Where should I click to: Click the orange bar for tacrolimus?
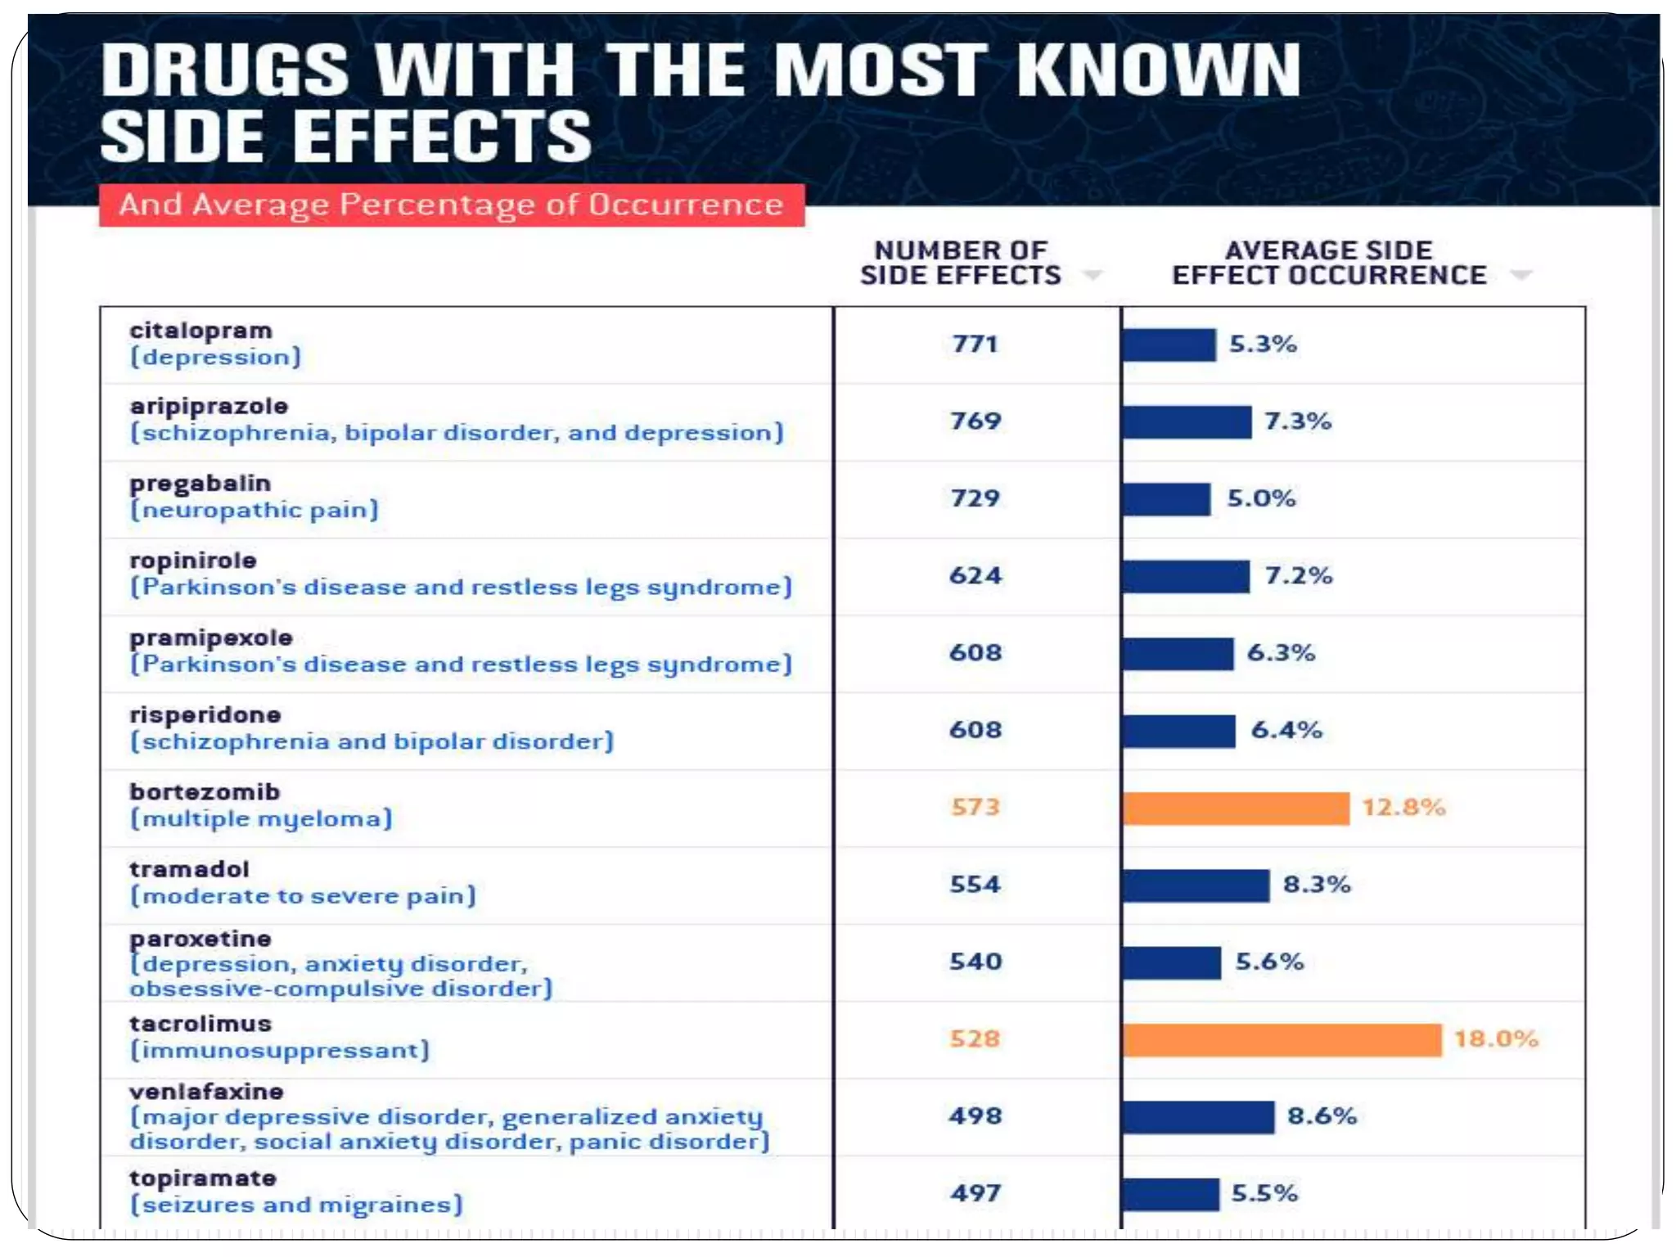pyautogui.click(x=1282, y=1039)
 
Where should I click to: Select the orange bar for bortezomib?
pyautogui.click(x=1236, y=808)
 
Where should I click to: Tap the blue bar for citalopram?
pyautogui.click(x=1169, y=345)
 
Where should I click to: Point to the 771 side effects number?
pyautogui.click(x=975, y=344)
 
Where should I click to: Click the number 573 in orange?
pyautogui.click(x=975, y=807)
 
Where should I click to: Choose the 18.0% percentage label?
pyautogui.click(x=1496, y=1038)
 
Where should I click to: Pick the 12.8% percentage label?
pyautogui.click(x=1403, y=807)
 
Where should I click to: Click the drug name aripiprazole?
pyautogui.click(x=209, y=407)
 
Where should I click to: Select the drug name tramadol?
pyautogui.click(x=189, y=869)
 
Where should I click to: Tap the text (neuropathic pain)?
pyautogui.click(x=255, y=510)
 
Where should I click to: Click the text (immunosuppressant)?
pyautogui.click(x=280, y=1050)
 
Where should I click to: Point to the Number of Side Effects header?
pyautogui.click(x=960, y=263)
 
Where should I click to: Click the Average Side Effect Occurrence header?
pyautogui.click(x=1329, y=263)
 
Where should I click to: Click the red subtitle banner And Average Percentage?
pyautogui.click(x=451, y=205)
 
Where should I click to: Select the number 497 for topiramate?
pyautogui.click(x=975, y=1193)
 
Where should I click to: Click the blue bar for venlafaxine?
pyautogui.click(x=1198, y=1117)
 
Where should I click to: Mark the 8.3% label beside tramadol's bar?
pyautogui.click(x=1316, y=885)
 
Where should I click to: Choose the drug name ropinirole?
pyautogui.click(x=193, y=561)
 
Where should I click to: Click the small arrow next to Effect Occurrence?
pyautogui.click(x=1521, y=275)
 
